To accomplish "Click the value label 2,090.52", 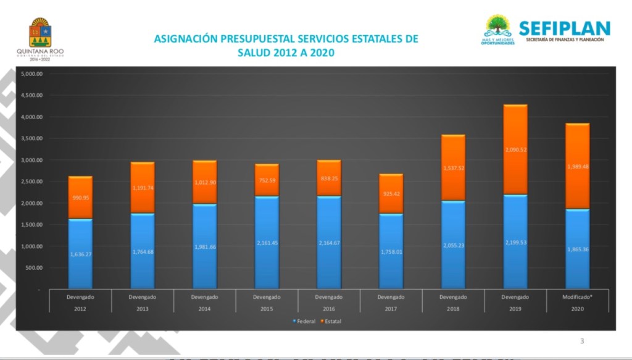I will [x=515, y=149].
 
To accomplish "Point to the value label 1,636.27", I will [x=80, y=254].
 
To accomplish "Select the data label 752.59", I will [x=267, y=181].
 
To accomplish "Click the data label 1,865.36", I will [x=577, y=249].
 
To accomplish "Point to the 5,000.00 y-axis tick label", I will [x=31, y=74].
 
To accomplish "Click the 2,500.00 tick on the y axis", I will [x=31, y=182].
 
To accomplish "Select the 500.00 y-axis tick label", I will [x=33, y=268].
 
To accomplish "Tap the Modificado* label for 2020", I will [x=577, y=297].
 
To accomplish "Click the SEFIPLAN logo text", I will [x=564, y=28].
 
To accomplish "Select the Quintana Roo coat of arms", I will [x=41, y=31].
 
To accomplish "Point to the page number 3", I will [x=581, y=341].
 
